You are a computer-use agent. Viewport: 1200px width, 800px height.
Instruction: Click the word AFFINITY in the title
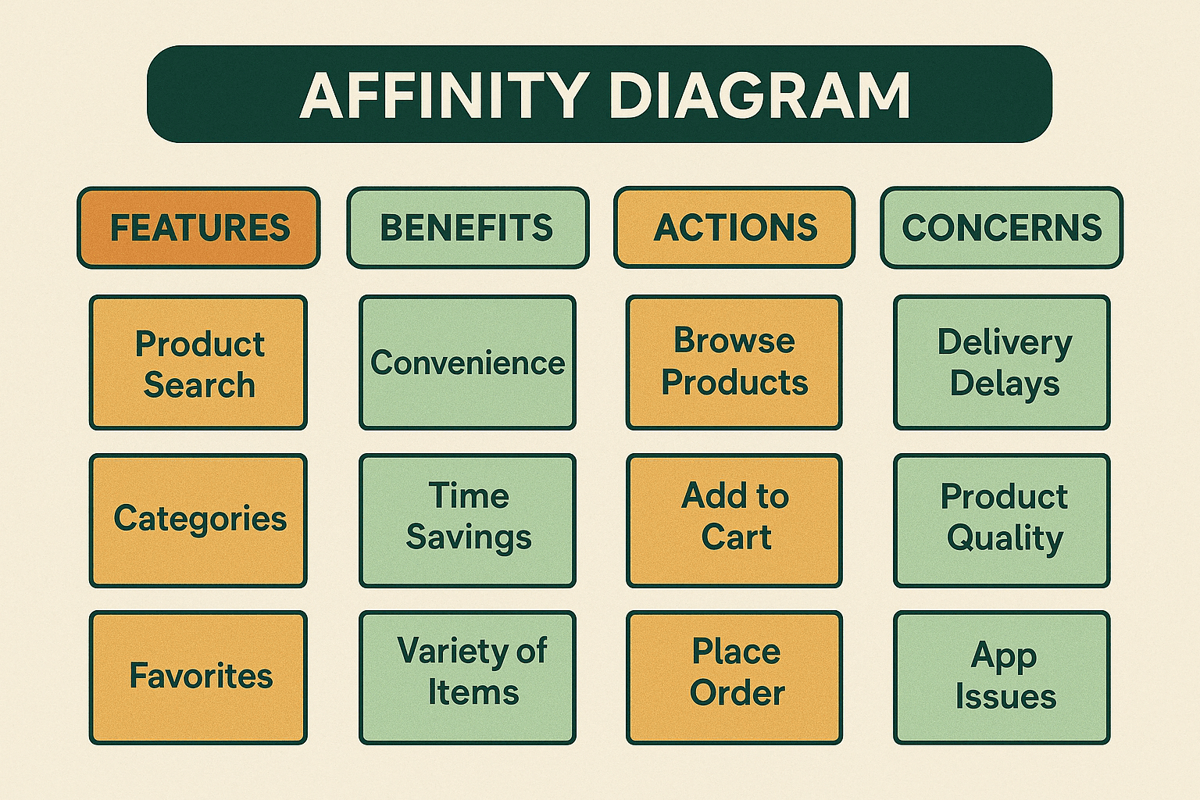point(444,95)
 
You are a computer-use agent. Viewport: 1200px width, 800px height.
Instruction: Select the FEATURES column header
point(198,228)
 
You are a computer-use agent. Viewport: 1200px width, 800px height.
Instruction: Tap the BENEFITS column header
point(467,228)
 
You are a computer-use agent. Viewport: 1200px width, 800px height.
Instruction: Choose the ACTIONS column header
point(734,228)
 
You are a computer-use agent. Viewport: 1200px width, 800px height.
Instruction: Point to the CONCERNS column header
point(1002,228)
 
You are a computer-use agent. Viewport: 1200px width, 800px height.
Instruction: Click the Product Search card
point(198,363)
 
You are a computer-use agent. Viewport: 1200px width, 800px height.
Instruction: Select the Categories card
point(198,520)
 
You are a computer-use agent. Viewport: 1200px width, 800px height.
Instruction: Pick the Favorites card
point(198,677)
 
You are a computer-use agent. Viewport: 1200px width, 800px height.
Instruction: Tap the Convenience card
point(467,363)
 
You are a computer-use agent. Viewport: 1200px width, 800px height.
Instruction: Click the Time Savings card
point(467,520)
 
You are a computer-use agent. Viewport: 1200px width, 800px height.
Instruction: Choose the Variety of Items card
point(467,677)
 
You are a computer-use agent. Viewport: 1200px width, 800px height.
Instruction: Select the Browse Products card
point(734,363)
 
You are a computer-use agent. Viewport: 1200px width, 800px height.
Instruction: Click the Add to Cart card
point(734,520)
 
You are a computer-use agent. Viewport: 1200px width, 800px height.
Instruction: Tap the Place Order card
point(734,677)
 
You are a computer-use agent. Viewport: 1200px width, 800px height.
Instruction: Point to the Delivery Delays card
point(1002,363)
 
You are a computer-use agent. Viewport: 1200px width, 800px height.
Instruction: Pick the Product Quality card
point(1002,520)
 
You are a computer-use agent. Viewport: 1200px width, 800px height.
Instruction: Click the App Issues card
point(1002,677)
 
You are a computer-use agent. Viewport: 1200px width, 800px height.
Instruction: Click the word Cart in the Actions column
point(736,537)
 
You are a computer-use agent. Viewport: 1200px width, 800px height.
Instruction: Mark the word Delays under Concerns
point(1005,384)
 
